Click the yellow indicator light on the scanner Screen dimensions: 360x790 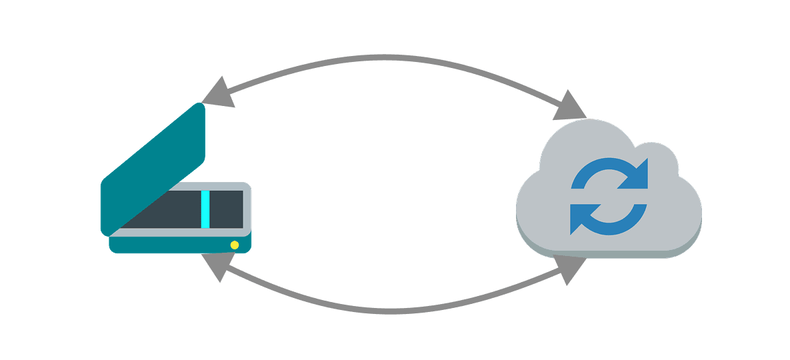click(235, 245)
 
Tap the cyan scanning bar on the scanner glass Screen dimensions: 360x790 click(205, 208)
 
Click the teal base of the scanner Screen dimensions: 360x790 click(173, 245)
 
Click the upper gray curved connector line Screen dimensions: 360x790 click(393, 57)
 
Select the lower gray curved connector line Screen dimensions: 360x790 click(393, 310)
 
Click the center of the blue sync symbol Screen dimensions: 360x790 click(609, 196)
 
